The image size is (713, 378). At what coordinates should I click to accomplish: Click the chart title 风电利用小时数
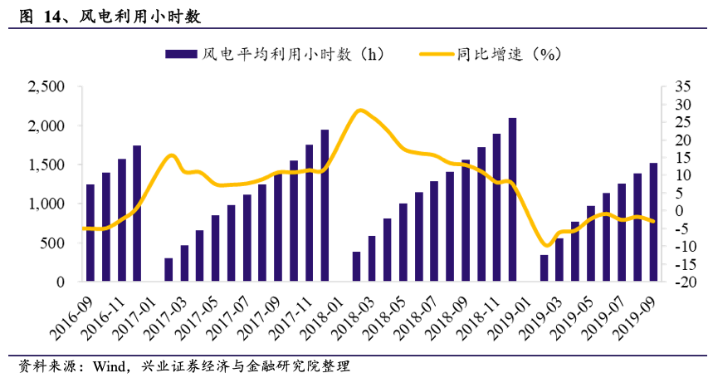(139, 17)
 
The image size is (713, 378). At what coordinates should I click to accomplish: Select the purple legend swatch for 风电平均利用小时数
(181, 54)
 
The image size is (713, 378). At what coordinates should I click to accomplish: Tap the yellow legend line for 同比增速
(437, 54)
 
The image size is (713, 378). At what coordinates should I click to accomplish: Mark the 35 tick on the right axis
(682, 86)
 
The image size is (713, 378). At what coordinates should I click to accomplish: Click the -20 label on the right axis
(681, 282)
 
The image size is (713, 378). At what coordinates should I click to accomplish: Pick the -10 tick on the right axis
(681, 247)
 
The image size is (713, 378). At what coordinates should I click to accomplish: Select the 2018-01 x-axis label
(321, 319)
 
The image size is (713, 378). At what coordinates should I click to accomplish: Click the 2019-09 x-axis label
(634, 319)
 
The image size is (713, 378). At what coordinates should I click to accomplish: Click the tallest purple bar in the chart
(512, 199)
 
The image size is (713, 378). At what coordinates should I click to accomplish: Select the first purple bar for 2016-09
(90, 233)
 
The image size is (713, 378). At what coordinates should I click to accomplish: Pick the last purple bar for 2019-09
(653, 222)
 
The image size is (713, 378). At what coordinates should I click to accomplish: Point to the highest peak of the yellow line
(360, 110)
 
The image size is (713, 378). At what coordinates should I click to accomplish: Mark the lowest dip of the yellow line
(546, 246)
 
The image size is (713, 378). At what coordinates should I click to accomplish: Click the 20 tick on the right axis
(682, 140)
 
